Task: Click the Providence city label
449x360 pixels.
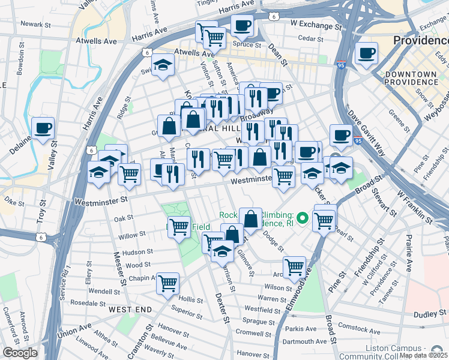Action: coord(420,41)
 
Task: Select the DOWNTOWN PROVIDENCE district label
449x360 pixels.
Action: coord(411,77)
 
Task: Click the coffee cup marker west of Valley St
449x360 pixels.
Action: coord(43,128)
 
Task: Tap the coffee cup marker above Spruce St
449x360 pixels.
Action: coord(242,25)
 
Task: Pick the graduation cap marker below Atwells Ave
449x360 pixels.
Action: coord(162,64)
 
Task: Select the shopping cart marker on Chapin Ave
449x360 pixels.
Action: coord(168,282)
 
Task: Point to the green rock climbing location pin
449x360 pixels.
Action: coord(303,217)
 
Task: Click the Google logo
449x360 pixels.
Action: coord(19,353)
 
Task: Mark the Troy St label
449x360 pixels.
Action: coord(41,209)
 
